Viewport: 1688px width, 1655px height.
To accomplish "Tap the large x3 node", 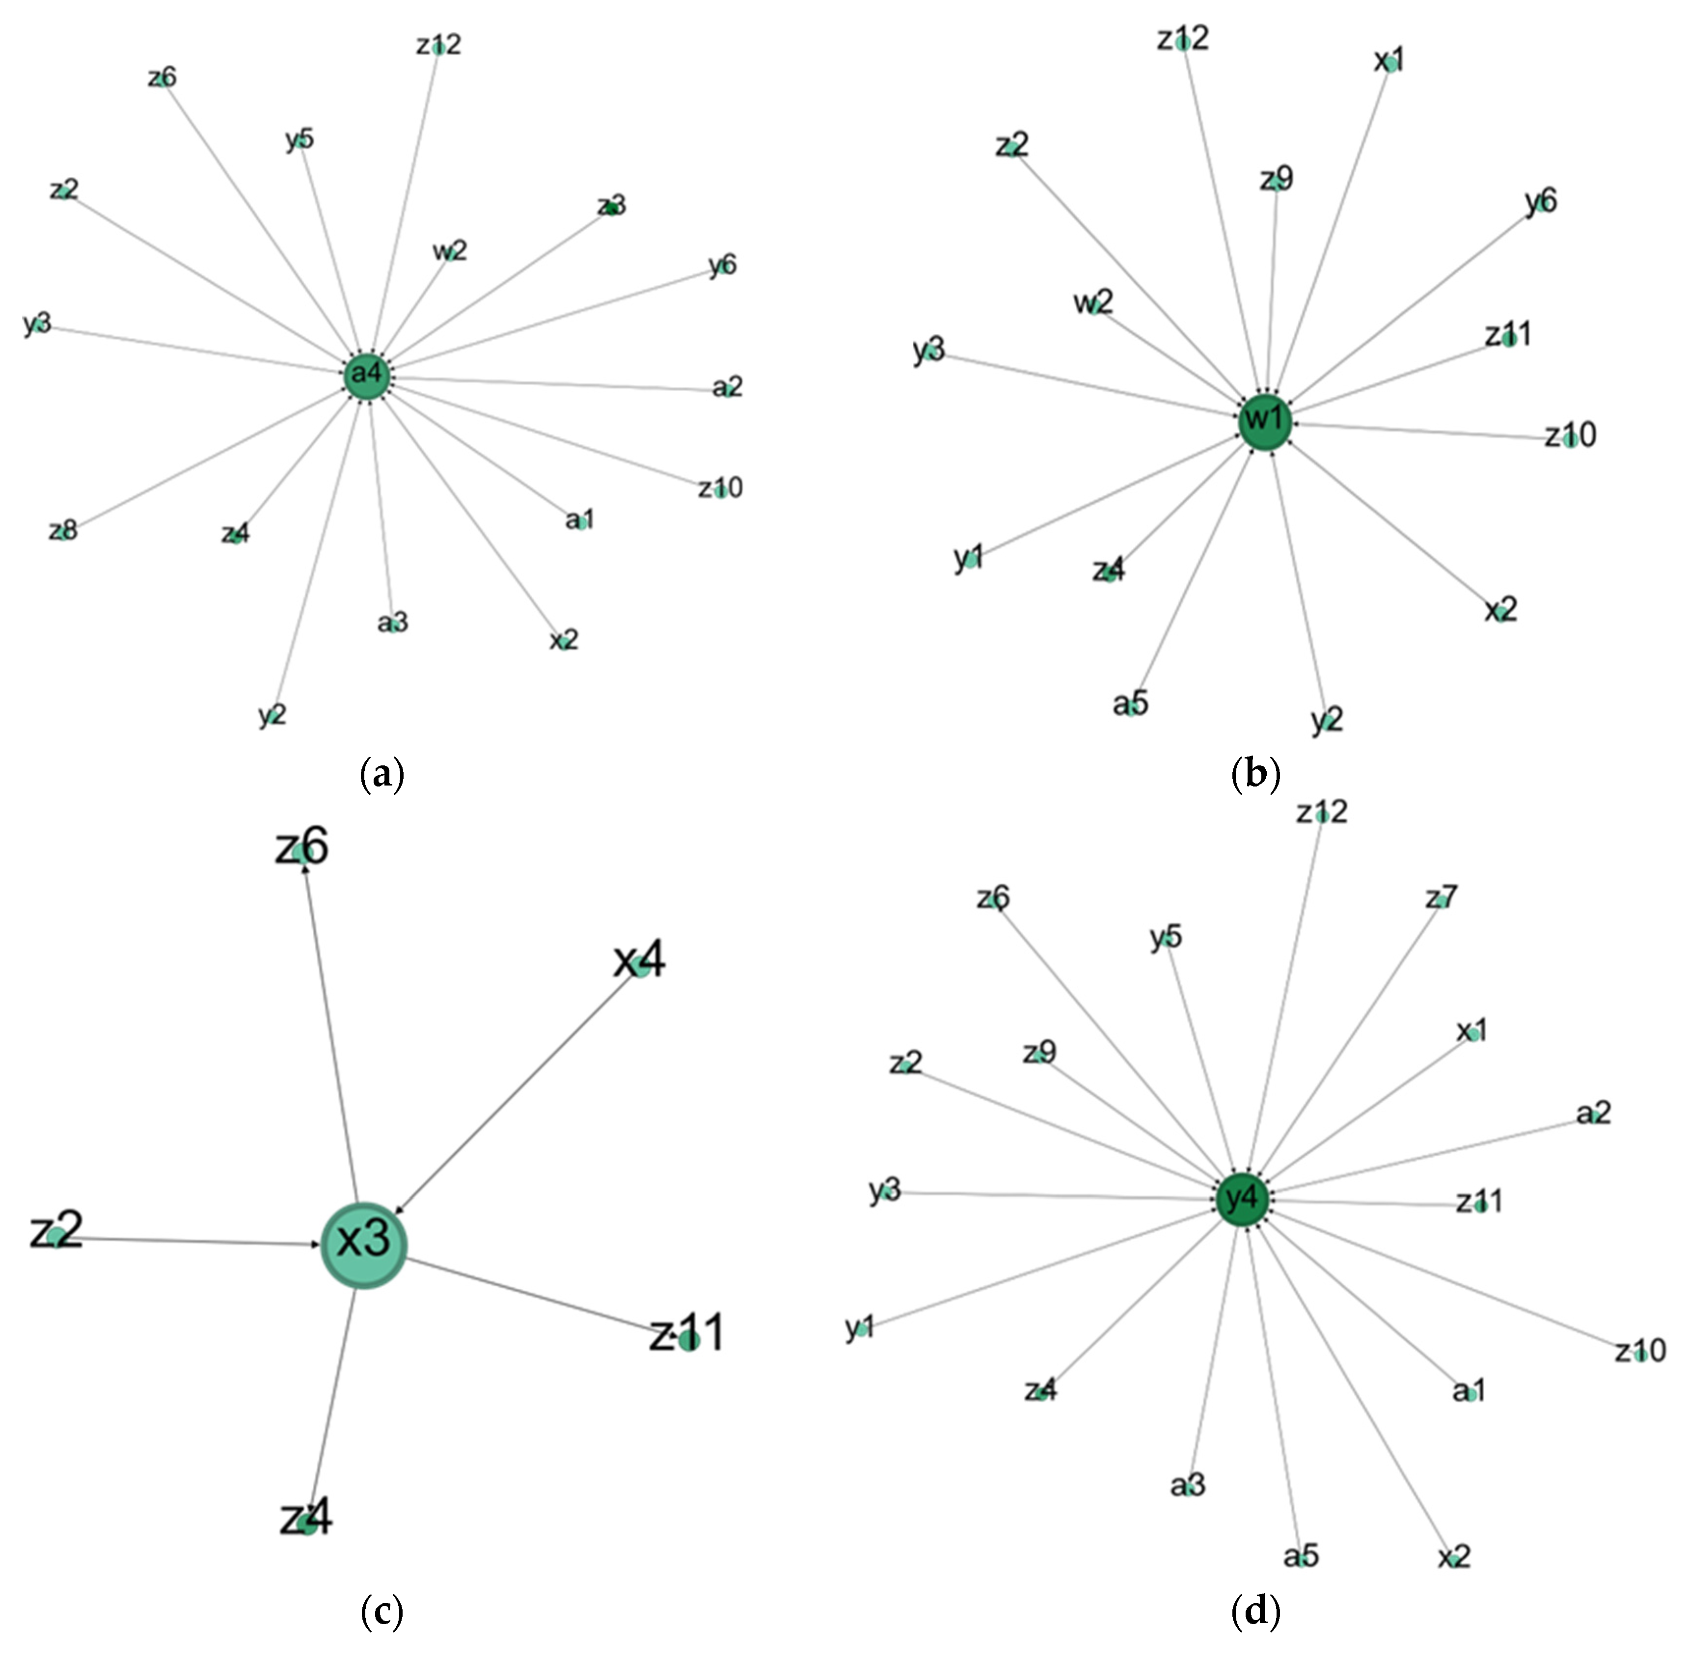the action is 363,1245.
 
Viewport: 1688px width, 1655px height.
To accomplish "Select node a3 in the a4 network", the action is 393,623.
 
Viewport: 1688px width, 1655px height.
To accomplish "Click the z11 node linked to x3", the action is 688,1340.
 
